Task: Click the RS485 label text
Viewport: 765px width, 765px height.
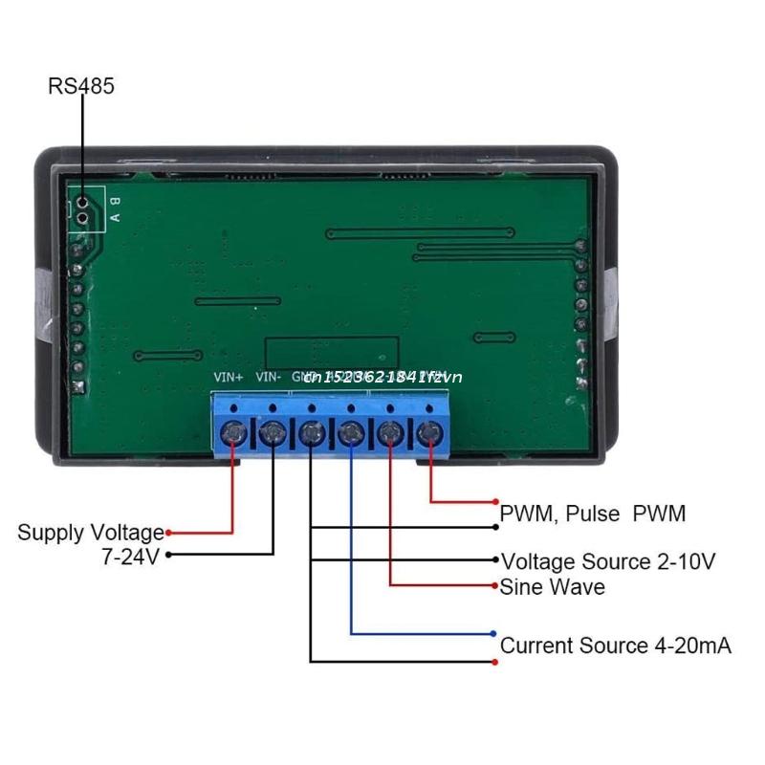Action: click(x=81, y=86)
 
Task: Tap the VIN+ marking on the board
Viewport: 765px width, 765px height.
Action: click(x=228, y=377)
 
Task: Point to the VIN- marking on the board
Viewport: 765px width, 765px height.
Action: click(x=269, y=377)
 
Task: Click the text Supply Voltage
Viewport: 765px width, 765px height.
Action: click(x=91, y=533)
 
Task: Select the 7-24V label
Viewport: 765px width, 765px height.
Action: click(x=130, y=557)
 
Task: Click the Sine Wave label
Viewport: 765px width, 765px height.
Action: click(x=553, y=586)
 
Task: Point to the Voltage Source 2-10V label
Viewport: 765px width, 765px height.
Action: click(x=608, y=560)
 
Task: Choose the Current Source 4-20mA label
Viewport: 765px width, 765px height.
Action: click(x=616, y=645)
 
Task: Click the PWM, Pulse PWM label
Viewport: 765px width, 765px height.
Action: click(x=593, y=514)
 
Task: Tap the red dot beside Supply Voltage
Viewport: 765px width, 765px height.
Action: click(x=169, y=533)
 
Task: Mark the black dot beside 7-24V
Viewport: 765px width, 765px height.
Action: click(x=169, y=555)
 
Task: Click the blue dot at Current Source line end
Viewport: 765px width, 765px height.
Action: click(x=493, y=633)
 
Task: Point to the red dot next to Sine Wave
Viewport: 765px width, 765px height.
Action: click(x=494, y=584)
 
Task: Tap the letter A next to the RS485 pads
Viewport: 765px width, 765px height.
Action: click(x=115, y=216)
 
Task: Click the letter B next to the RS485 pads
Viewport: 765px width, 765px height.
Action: click(x=115, y=200)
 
